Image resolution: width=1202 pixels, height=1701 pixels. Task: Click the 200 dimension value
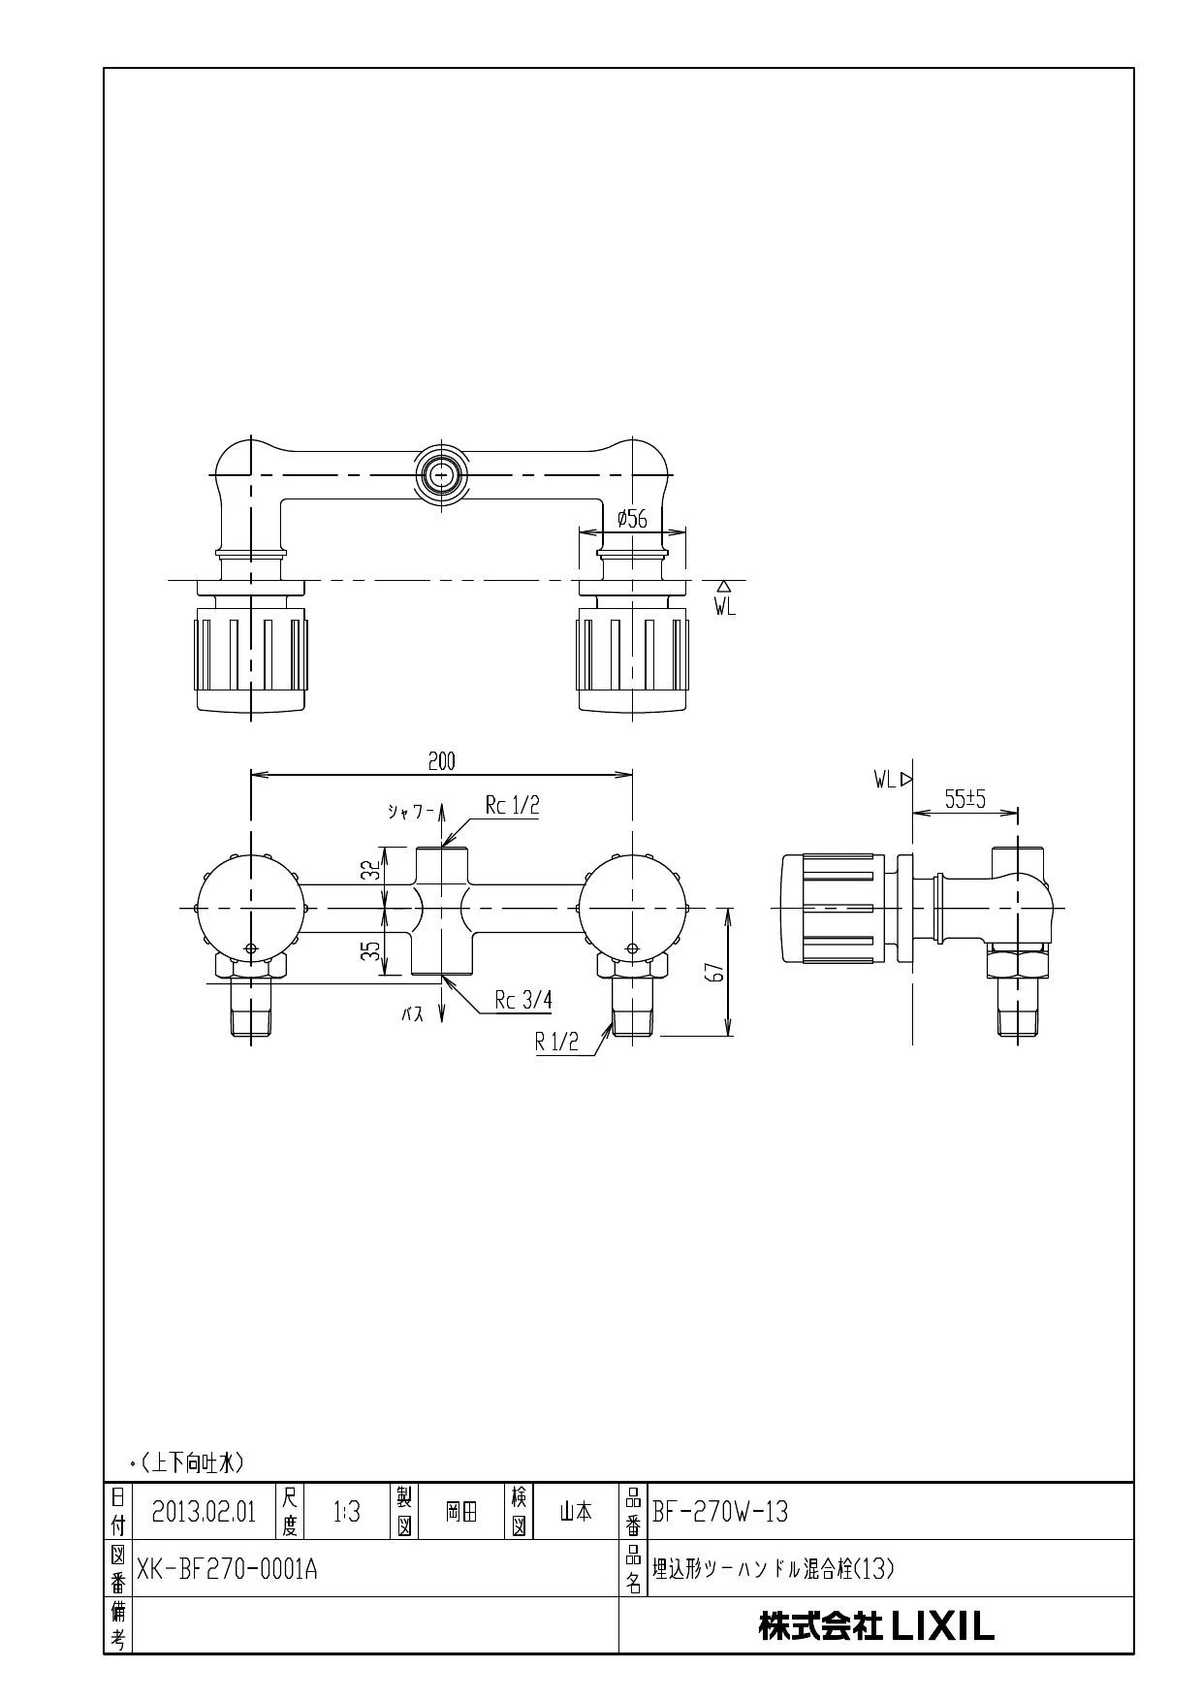point(441,761)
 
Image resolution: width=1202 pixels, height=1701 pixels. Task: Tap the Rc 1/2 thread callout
point(513,805)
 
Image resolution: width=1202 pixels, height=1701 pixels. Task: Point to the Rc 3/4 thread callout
point(523,1001)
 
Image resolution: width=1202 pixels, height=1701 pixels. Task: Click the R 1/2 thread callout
point(557,1042)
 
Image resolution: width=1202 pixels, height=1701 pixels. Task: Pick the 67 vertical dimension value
point(716,972)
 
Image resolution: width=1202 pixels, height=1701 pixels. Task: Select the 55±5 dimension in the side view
point(965,799)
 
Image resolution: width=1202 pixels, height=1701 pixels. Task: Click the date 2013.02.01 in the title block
point(204,1512)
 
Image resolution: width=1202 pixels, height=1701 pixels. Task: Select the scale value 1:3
point(346,1512)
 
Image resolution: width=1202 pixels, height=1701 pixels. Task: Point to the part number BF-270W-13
point(720,1511)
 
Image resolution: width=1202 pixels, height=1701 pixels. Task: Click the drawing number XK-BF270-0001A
point(227,1568)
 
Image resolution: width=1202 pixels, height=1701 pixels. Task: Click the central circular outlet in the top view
point(442,475)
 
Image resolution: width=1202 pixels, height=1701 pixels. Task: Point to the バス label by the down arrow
point(413,1014)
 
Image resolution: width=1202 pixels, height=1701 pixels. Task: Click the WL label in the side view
point(884,779)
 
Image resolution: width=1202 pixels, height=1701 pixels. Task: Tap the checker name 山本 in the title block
point(576,1512)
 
